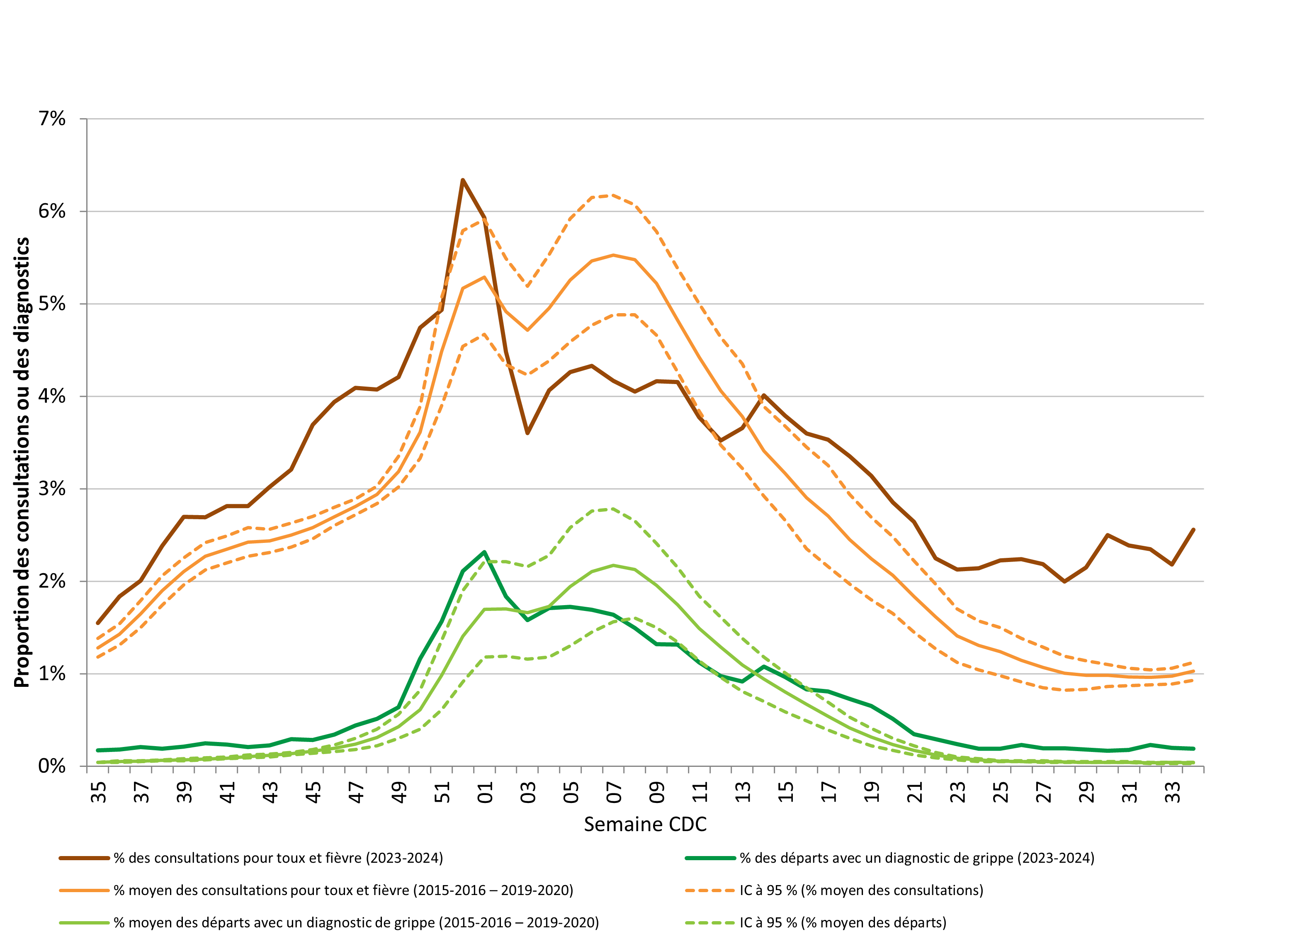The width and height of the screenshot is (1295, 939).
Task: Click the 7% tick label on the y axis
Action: click(x=51, y=119)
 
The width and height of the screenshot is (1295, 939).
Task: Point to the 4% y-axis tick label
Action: click(x=51, y=397)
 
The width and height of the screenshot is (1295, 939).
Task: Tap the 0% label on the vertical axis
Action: click(x=51, y=766)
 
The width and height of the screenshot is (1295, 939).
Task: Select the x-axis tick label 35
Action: click(x=99, y=792)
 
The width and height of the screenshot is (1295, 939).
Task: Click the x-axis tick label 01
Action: click(x=485, y=792)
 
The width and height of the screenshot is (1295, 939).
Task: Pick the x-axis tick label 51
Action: click(x=442, y=792)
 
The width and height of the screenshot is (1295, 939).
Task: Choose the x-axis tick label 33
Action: click(x=1173, y=792)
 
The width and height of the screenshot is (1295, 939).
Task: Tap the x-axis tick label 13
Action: click(x=743, y=792)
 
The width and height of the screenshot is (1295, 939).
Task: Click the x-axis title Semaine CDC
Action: click(x=645, y=824)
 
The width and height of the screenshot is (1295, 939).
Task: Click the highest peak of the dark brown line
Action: click(x=462, y=180)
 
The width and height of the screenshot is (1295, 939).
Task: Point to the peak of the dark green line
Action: click(x=484, y=552)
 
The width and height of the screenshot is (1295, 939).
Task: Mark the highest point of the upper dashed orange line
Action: click(x=613, y=195)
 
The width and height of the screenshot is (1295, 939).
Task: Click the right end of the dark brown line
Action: click(x=1193, y=530)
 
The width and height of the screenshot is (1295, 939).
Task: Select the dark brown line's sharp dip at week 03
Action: click(x=527, y=433)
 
